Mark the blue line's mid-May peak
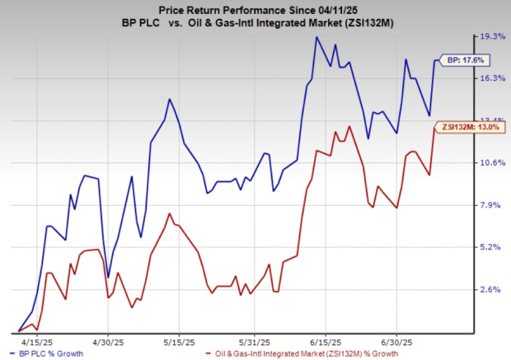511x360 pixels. tap(169, 99)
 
